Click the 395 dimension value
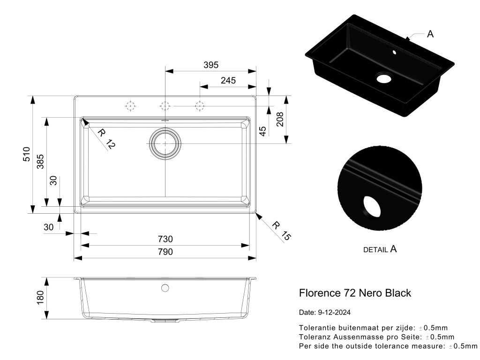coord(211,65)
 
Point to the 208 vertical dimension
coord(280,120)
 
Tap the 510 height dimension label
coord(27,154)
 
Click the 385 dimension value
coord(41,162)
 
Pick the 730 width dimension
coord(165,239)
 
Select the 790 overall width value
coord(165,252)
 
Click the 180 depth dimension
coord(40,297)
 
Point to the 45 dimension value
coord(262,131)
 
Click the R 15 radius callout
coord(281,232)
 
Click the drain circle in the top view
coord(165,142)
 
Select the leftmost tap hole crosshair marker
coord(130,106)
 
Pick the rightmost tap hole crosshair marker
coord(200,106)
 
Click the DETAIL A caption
coord(380,249)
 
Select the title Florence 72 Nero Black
coord(355,293)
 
